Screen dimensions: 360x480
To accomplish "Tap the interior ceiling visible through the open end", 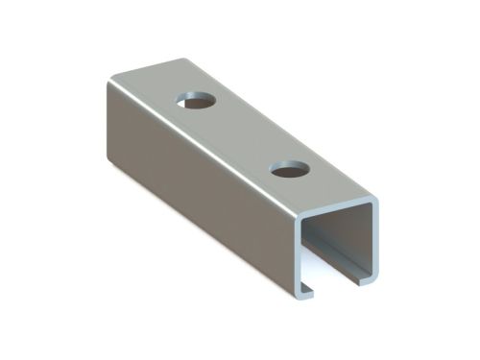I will point(341,223).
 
